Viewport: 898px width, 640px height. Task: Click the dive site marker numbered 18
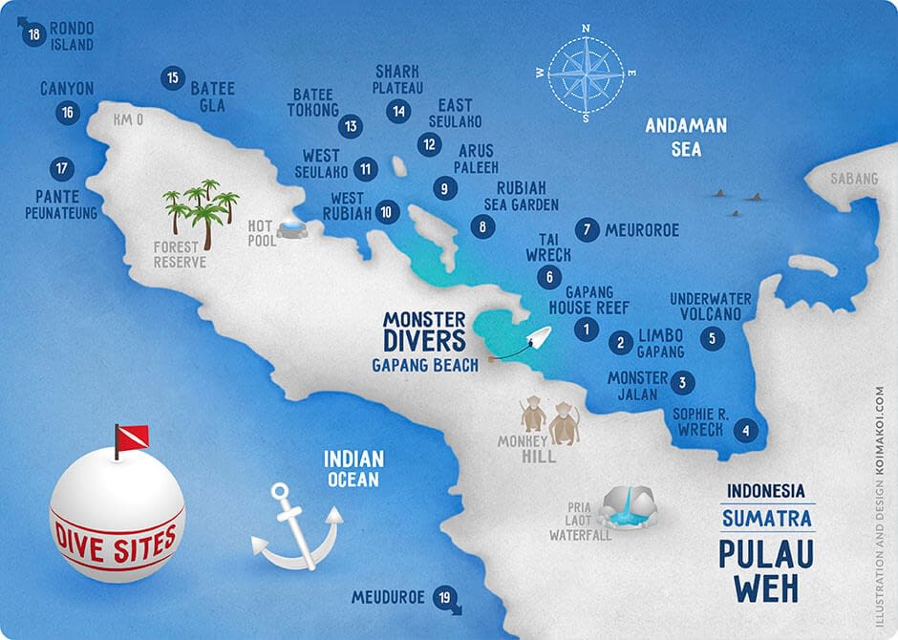pyautogui.click(x=35, y=36)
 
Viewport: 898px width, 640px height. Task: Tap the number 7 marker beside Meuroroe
pyautogui.click(x=588, y=230)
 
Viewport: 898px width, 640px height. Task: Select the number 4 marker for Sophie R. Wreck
pyautogui.click(x=745, y=431)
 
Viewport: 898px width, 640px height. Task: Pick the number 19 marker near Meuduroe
pyautogui.click(x=442, y=597)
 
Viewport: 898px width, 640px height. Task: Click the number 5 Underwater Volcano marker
pyautogui.click(x=711, y=338)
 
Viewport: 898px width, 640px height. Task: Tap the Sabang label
pyautogui.click(x=853, y=179)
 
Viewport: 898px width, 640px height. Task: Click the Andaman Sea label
pyautogui.click(x=686, y=137)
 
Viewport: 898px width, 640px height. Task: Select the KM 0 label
pyautogui.click(x=127, y=120)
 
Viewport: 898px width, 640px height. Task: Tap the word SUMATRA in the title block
pyautogui.click(x=767, y=520)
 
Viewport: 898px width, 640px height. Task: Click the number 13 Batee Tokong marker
pyautogui.click(x=351, y=125)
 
